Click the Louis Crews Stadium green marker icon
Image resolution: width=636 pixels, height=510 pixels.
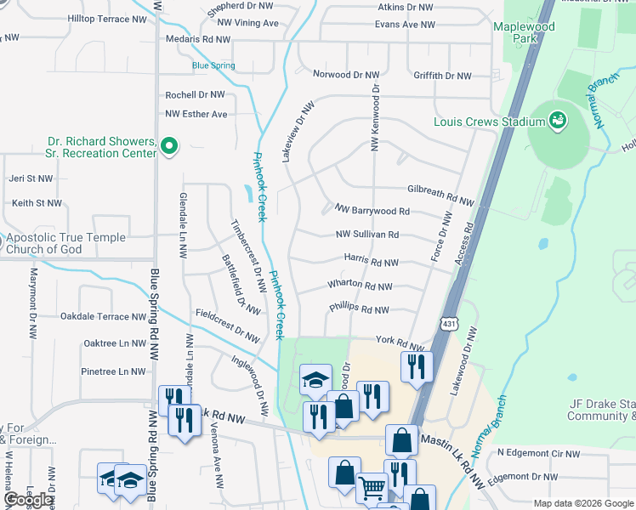pyautogui.click(x=558, y=121)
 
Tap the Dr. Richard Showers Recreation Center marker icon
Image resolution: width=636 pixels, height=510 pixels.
pyautogui.click(x=169, y=147)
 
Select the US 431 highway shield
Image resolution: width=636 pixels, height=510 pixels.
pyautogui.click(x=449, y=323)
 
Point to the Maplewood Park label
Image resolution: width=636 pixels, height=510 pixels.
pyautogui.click(x=525, y=32)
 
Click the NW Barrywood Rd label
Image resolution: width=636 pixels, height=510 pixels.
pyautogui.click(x=372, y=211)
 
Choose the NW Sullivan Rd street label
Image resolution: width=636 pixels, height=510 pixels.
pyautogui.click(x=367, y=235)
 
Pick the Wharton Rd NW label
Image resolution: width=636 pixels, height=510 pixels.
pyautogui.click(x=361, y=286)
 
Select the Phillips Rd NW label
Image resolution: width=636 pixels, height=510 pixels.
pyautogui.click(x=359, y=310)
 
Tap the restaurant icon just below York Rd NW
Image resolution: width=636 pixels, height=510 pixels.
pyautogui.click(x=417, y=366)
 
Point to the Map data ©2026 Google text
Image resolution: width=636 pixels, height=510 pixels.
pyautogui.click(x=582, y=503)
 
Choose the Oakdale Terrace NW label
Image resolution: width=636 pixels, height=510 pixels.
pyautogui.click(x=103, y=316)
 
